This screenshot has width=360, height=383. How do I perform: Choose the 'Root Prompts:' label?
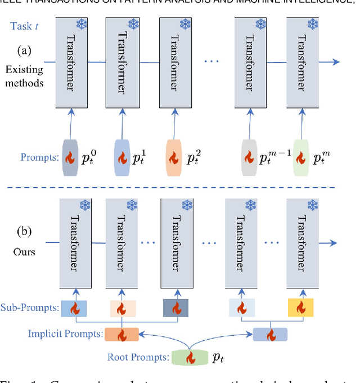137,357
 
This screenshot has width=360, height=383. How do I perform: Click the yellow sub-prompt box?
299,308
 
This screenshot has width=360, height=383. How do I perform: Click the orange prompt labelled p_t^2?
175,157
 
